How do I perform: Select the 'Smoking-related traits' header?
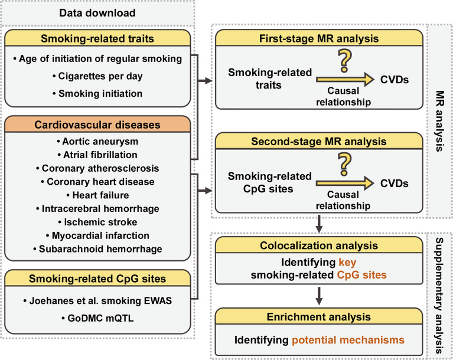coord(98,40)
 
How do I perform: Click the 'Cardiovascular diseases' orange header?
coord(98,125)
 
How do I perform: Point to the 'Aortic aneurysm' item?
coord(98,142)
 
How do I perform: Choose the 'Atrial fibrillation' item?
coord(98,154)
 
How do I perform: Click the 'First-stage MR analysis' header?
coord(320,39)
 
